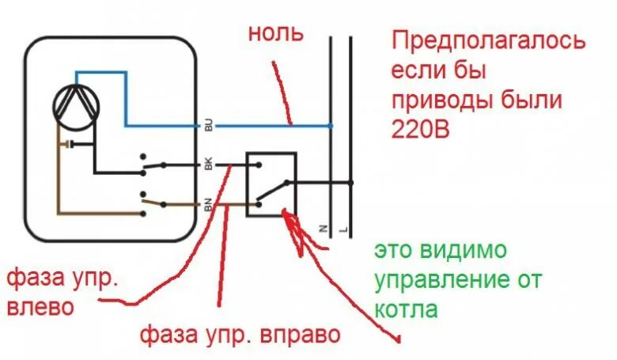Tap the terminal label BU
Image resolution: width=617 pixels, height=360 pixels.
coord(208,125)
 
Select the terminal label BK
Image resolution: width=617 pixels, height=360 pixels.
coord(208,165)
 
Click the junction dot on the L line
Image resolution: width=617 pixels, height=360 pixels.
coord(350,183)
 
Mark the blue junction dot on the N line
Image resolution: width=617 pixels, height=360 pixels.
coord(331,125)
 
